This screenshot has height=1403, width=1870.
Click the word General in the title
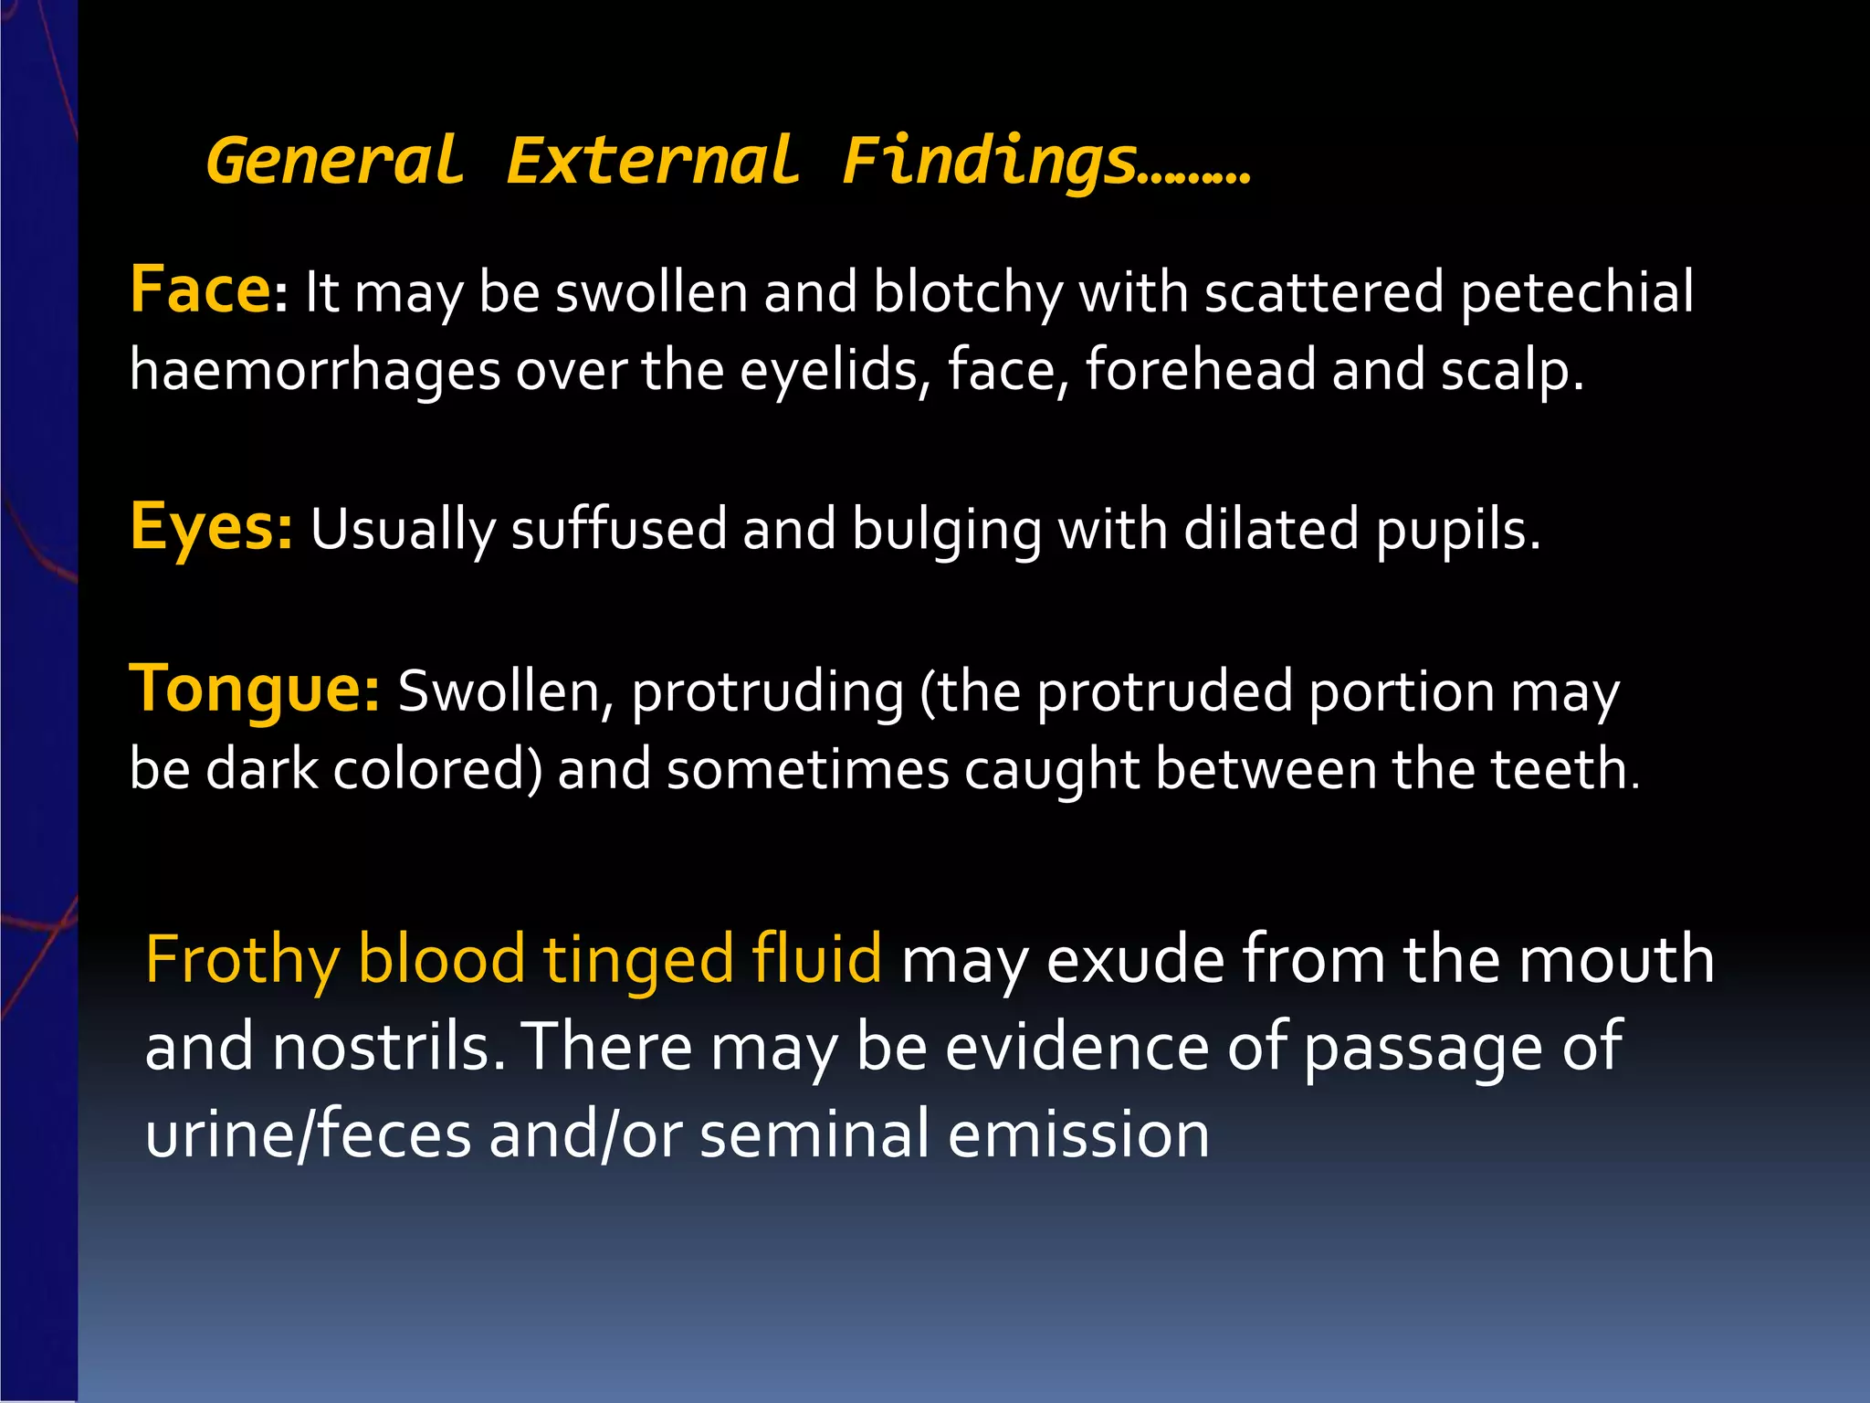pos(335,162)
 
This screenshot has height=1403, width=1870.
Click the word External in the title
pos(654,162)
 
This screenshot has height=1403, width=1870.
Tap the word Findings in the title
pos(991,162)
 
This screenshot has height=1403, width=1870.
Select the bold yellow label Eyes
pos(210,528)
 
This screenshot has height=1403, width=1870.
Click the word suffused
pos(618,530)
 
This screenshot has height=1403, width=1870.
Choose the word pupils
pos(1457,530)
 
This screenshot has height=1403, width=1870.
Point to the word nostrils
pos(388,1048)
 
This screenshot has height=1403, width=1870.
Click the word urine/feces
pos(309,1134)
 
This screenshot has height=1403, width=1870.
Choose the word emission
pos(1078,1134)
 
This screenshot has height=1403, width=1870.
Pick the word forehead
pos(1201,370)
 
